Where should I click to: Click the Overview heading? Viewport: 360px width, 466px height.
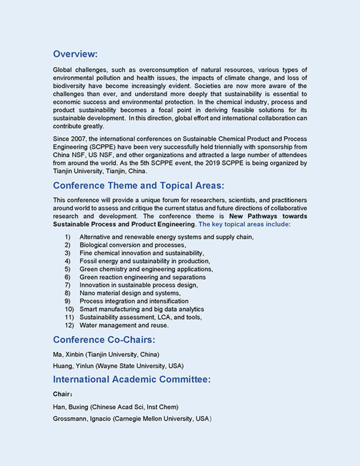coord(75,53)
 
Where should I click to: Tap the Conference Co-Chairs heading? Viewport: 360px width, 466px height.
coord(104,339)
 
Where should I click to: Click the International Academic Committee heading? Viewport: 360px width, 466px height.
coord(132,379)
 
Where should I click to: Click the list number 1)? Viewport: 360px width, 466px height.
coord(67,237)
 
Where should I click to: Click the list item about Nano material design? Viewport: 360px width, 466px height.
coord(130,293)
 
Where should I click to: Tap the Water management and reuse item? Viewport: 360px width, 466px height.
coord(124,325)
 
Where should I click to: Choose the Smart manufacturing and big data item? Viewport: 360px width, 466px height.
coord(141,309)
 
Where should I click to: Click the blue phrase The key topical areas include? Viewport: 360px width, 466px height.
coord(245,225)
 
